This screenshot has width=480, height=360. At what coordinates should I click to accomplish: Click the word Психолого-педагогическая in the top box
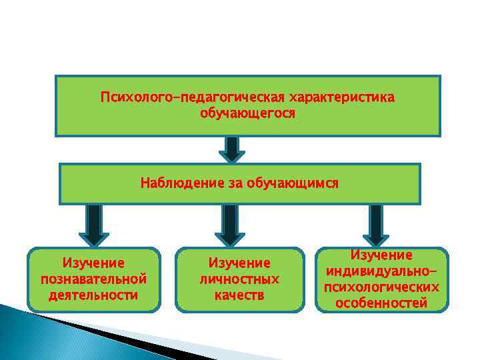tap(191, 98)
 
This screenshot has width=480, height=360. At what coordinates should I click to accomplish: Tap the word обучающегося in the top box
tap(247, 113)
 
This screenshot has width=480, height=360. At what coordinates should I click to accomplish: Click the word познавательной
tap(94, 278)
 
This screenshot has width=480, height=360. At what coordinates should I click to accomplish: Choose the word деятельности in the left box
tap(94, 294)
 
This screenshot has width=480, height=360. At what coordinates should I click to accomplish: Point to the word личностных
tap(240, 279)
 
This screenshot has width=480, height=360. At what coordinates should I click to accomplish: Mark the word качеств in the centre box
tap(240, 295)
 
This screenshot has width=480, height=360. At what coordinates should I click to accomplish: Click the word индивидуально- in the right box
tap(382, 271)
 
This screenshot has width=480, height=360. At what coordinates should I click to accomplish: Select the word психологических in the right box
tap(382, 287)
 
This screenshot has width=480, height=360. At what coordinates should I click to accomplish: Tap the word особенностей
tap(382, 303)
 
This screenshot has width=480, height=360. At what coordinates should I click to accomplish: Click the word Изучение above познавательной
tap(94, 262)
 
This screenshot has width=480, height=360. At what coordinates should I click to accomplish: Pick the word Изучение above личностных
tap(240, 263)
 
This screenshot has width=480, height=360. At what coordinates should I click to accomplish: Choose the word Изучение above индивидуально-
tap(382, 255)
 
